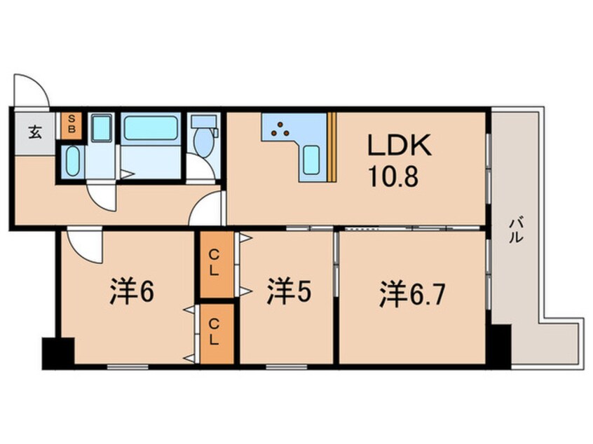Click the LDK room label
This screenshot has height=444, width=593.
(x=400, y=145)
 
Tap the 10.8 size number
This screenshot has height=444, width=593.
(x=393, y=176)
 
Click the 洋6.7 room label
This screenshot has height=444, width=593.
(x=413, y=293)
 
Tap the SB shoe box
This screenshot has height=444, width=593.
(x=71, y=125)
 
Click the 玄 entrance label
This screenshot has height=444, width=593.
(x=35, y=132)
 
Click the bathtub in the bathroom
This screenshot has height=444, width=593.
(x=151, y=127)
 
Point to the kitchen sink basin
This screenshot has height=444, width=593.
(x=311, y=160)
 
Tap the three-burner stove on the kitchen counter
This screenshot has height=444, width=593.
(x=280, y=129)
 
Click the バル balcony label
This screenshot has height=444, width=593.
(x=516, y=230)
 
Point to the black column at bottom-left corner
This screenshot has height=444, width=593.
(x=58, y=354)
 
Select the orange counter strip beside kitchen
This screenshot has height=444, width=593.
(x=332, y=147)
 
